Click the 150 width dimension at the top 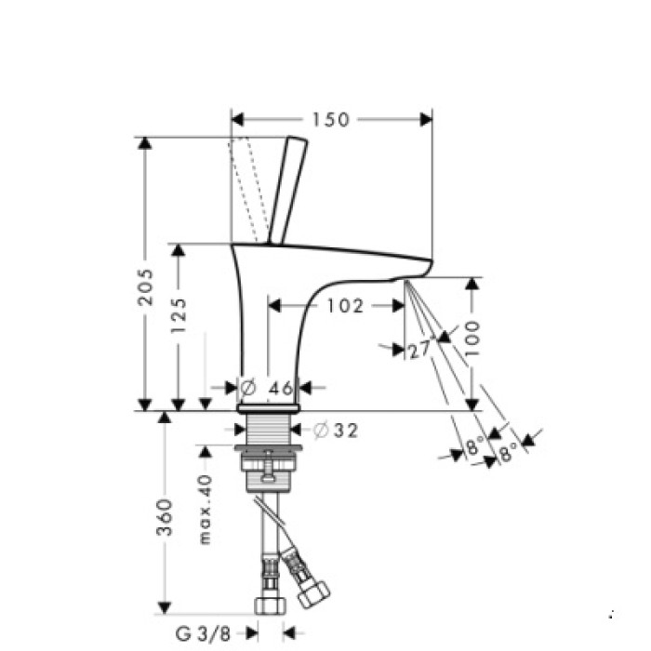click(x=330, y=120)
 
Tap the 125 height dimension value click(x=180, y=315)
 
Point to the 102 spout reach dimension click(x=345, y=305)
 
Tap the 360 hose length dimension click(x=165, y=518)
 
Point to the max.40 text click(x=206, y=511)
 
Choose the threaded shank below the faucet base click(x=268, y=432)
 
